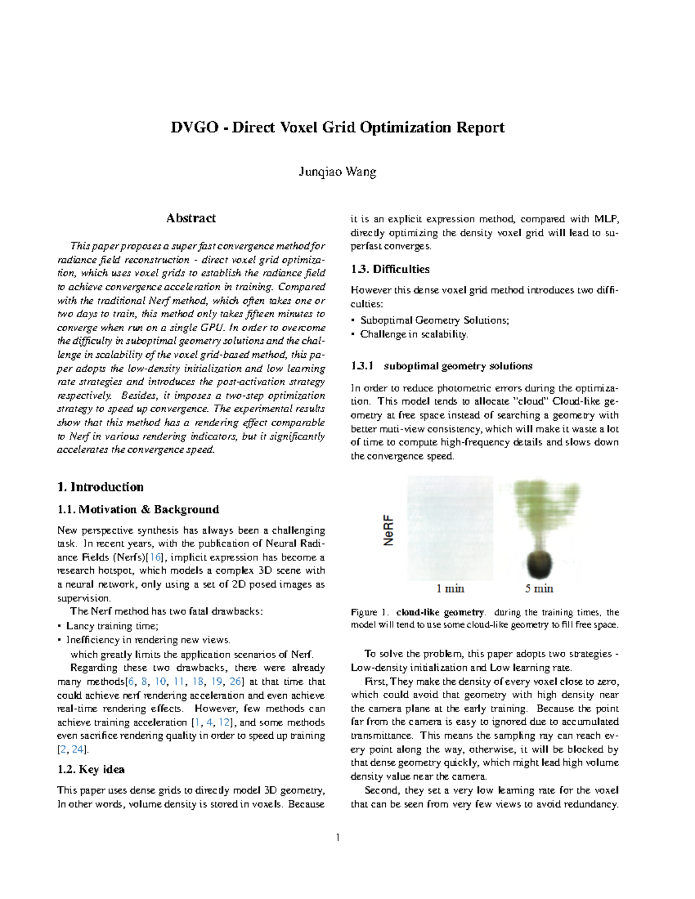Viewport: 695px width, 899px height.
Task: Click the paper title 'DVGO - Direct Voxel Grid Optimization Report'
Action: pos(338,127)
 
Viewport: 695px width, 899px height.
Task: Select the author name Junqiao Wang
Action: pos(338,172)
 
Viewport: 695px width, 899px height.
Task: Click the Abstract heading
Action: pos(191,218)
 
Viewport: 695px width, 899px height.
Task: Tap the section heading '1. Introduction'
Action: pos(101,487)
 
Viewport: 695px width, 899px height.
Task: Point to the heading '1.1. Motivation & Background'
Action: pos(138,509)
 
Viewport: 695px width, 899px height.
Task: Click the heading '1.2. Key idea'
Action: pos(91,769)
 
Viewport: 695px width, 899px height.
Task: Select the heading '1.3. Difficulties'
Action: pos(390,269)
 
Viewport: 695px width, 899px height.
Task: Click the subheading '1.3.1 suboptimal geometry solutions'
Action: pos(441,366)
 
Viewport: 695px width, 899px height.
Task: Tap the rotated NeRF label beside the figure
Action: pos(389,530)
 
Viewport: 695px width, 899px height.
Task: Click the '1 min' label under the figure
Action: pos(450,589)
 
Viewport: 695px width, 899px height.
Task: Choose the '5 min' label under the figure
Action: pos(539,589)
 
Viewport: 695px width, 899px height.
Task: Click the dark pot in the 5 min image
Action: pos(539,564)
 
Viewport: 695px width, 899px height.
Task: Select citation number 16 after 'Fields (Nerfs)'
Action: pos(156,557)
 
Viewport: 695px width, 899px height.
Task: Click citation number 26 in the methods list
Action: pos(236,681)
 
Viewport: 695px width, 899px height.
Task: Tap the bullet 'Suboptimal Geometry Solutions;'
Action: pos(434,320)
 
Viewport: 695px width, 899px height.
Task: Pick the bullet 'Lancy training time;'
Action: pos(112,626)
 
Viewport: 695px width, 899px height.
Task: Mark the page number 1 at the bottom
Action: pos(338,838)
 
